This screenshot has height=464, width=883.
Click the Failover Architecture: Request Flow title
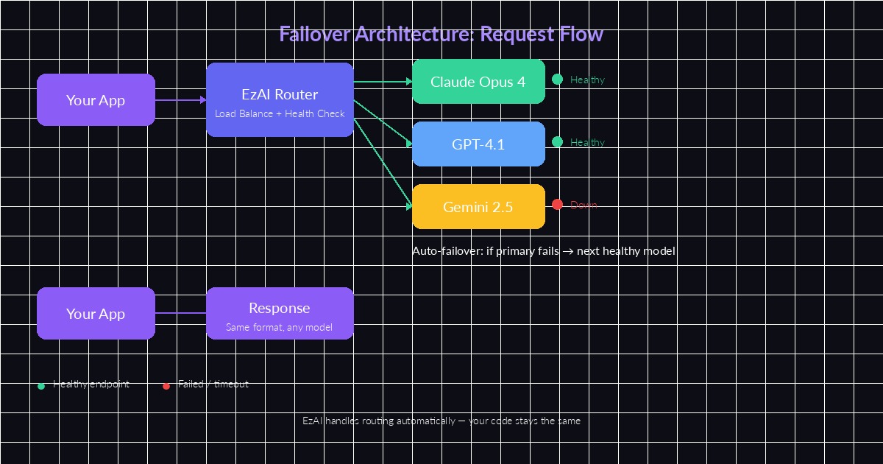(441, 34)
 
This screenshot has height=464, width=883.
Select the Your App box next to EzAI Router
(96, 100)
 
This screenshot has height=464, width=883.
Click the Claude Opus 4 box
(478, 82)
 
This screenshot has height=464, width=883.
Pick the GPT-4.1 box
(478, 144)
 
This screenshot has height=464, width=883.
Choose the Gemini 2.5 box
(478, 207)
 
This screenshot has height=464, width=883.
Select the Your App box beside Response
(96, 314)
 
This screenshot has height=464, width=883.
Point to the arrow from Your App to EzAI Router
(180, 99)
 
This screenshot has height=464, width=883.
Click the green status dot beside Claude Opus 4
(557, 80)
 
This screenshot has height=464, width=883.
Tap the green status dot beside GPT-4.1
(557, 142)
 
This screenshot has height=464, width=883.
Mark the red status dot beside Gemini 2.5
(557, 205)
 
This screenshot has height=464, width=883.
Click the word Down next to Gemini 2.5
(584, 205)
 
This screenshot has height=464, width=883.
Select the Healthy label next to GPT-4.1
(587, 142)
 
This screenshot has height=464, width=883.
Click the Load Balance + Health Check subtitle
(280, 114)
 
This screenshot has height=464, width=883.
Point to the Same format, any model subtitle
(280, 327)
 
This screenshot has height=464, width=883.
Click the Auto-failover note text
(543, 251)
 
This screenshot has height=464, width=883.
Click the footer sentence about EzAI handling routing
(441, 421)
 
